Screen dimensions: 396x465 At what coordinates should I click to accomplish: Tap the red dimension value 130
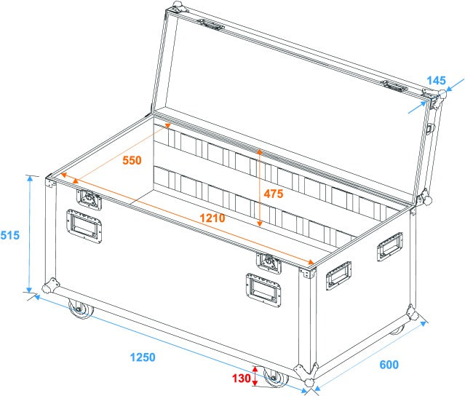[241, 379]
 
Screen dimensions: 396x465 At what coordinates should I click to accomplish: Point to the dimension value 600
[389, 365]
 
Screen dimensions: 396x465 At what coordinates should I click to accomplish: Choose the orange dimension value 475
[274, 194]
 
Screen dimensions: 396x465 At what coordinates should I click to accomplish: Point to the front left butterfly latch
[87, 197]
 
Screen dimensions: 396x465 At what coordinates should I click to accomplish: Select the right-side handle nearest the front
[338, 276]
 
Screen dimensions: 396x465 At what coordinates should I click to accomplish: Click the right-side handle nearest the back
[389, 247]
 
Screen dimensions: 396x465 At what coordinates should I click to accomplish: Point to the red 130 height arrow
[255, 377]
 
